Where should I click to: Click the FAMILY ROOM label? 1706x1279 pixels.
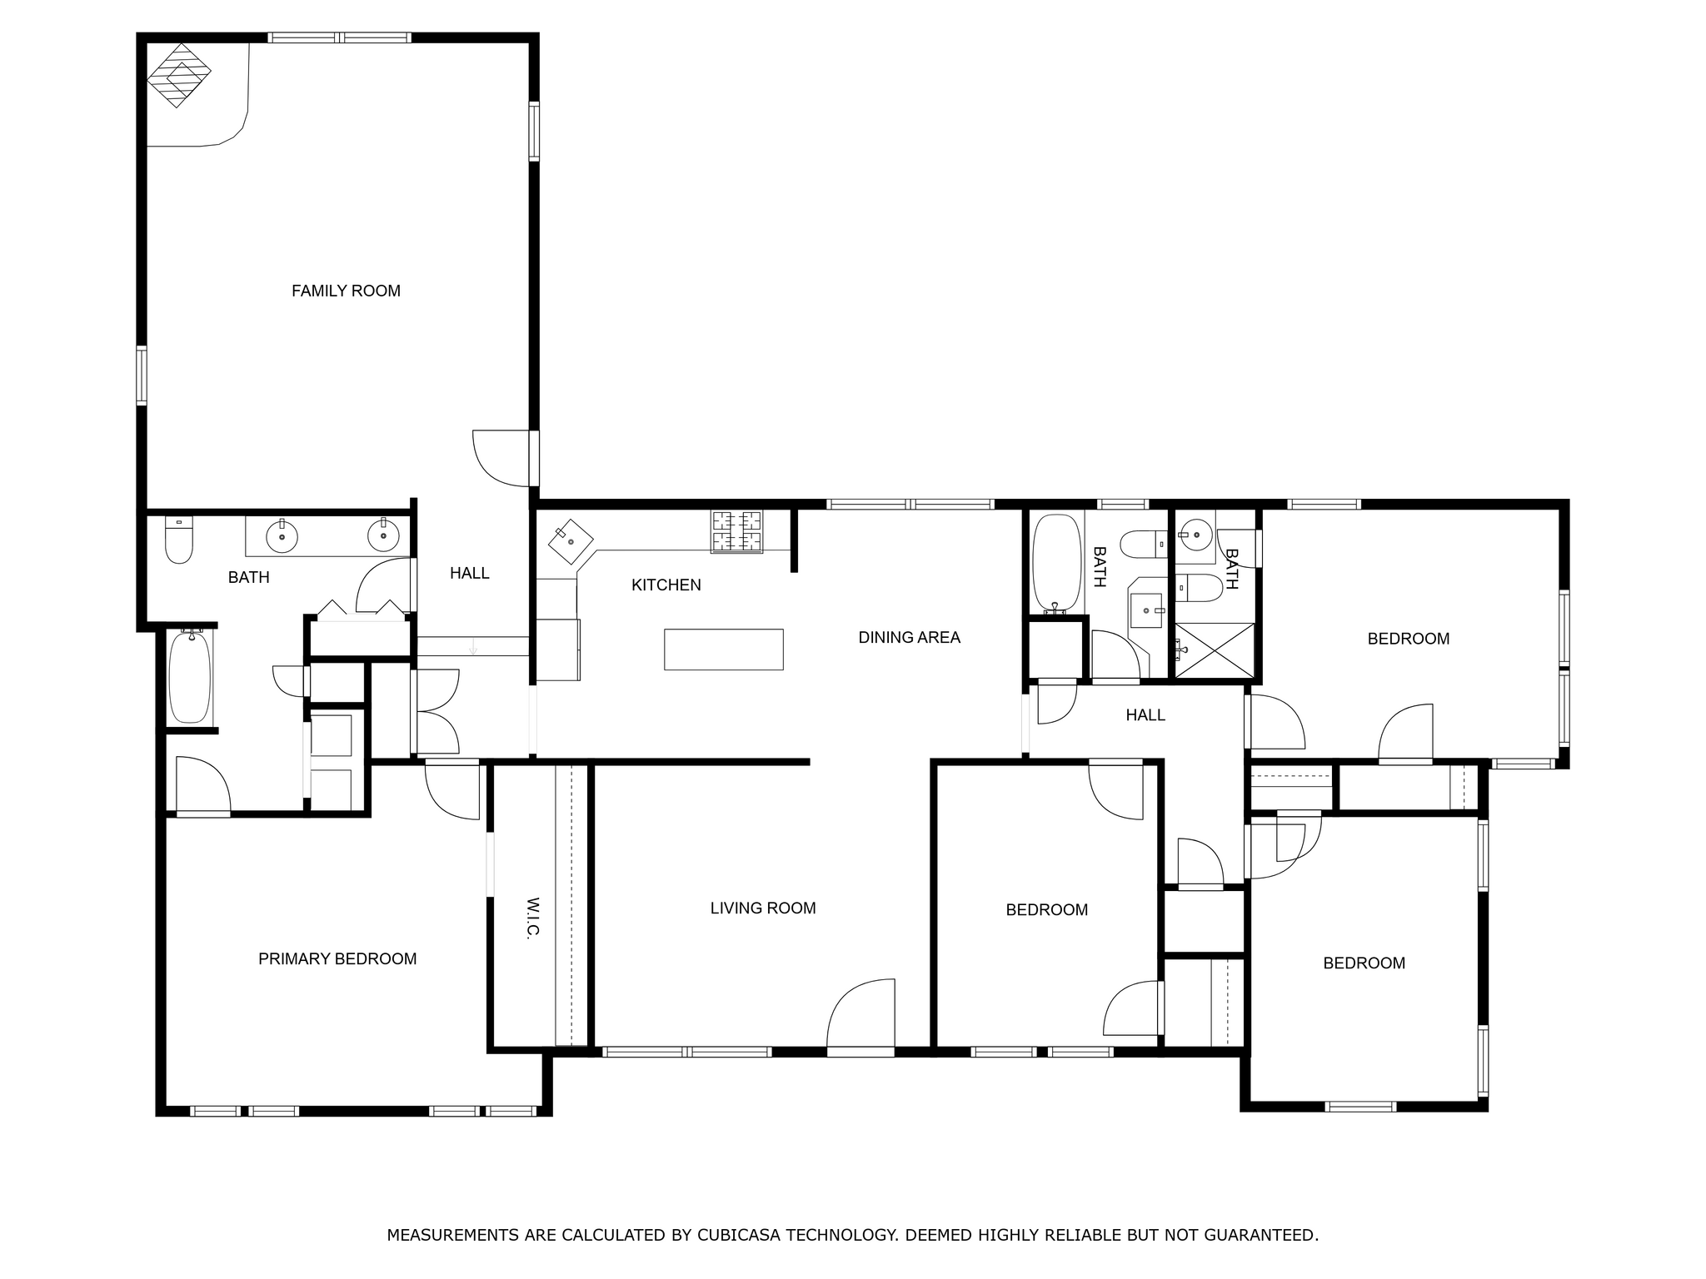(346, 291)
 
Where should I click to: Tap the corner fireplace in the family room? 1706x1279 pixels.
(179, 75)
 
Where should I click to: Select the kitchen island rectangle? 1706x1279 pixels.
(723, 649)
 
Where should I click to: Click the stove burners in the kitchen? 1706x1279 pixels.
(736, 531)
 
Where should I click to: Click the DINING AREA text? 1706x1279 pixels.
(909, 637)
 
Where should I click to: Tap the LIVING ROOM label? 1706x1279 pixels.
(762, 908)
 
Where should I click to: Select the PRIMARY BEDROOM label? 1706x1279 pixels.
(337, 958)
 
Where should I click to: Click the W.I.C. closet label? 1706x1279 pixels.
(533, 918)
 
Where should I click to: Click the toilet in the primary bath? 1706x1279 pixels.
(179, 540)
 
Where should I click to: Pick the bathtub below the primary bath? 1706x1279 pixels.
(190, 676)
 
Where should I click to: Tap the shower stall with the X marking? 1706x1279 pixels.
(1215, 649)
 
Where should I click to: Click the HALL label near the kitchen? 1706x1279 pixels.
(469, 573)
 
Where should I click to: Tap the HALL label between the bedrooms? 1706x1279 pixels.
(1145, 714)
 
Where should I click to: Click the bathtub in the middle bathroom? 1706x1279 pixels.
(1056, 562)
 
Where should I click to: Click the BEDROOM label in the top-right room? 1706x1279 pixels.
(1408, 639)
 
